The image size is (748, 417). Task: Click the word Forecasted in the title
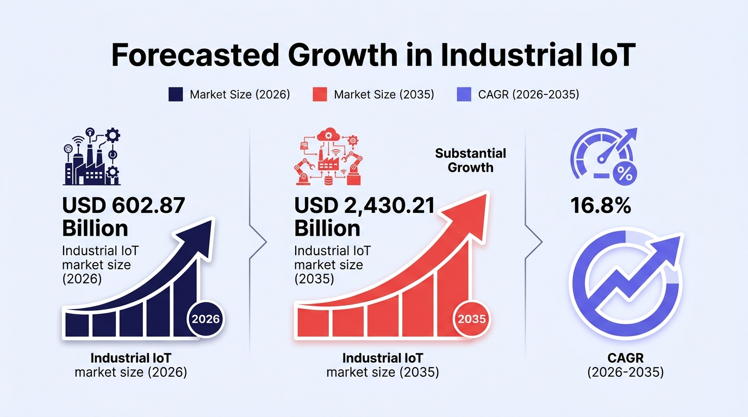click(x=195, y=55)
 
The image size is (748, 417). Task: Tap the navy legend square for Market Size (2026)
click(x=176, y=94)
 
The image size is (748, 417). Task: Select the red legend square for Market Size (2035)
click(x=320, y=94)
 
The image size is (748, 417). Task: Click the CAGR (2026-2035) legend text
click(x=528, y=94)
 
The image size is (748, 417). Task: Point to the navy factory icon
click(x=92, y=156)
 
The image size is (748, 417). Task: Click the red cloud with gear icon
click(x=328, y=135)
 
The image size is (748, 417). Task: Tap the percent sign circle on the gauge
click(x=625, y=174)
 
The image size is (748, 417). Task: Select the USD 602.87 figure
click(x=123, y=205)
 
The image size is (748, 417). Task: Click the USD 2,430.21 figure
click(x=364, y=205)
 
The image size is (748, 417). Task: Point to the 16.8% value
click(x=601, y=205)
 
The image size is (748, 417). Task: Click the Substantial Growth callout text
click(x=471, y=161)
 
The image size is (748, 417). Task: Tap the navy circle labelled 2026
click(x=205, y=319)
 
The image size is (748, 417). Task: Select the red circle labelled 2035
click(x=471, y=319)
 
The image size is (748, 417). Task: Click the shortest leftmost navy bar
click(x=77, y=324)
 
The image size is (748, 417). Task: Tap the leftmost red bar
click(x=313, y=323)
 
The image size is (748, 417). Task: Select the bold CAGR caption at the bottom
click(x=626, y=358)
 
